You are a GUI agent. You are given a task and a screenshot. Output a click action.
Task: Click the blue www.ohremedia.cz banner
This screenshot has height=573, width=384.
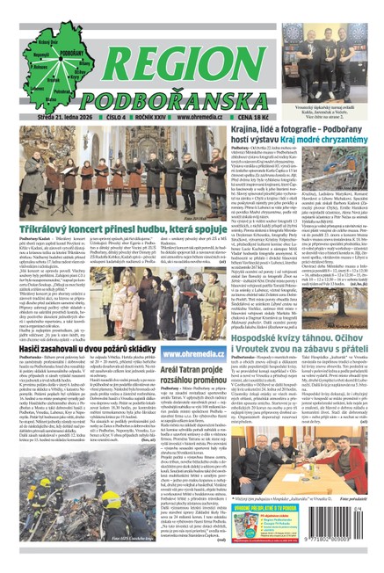click(x=187, y=355)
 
